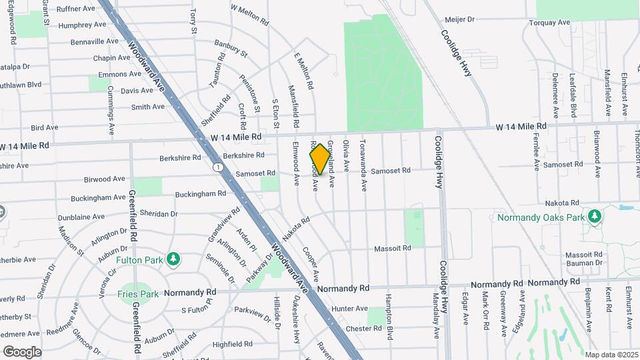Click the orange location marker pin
coord(321,159)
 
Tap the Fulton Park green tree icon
coord(173,259)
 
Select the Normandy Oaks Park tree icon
coord(595,217)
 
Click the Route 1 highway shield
coord(217,166)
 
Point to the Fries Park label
coord(138,293)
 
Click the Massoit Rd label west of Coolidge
coord(392,248)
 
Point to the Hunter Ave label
coord(350,309)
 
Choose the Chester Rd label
coord(363,328)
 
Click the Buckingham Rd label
coord(201,194)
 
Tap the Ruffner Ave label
coord(76,9)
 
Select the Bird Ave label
coord(45,127)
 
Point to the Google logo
coord(22,351)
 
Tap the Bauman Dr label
coord(583,263)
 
